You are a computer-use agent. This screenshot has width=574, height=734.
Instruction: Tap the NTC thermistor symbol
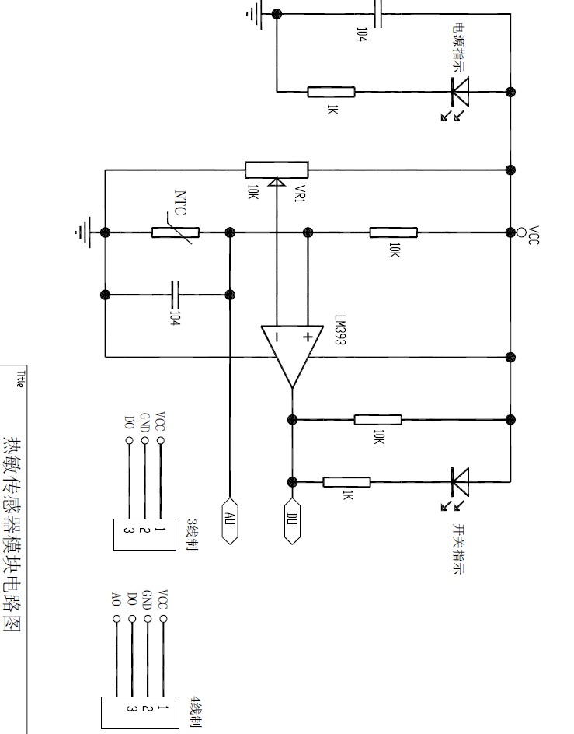pyautogui.click(x=176, y=232)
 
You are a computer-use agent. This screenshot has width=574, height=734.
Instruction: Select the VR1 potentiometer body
pyautogui.click(x=277, y=170)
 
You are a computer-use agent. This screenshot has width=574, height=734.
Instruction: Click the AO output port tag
pyautogui.click(x=230, y=521)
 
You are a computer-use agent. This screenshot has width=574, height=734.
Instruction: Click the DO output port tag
pyautogui.click(x=292, y=521)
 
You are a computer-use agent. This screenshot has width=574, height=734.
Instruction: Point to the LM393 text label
pyautogui.click(x=340, y=330)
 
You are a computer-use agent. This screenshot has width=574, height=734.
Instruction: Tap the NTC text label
pyautogui.click(x=180, y=202)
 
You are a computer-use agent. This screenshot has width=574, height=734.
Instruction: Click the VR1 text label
pyautogui.click(x=301, y=194)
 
